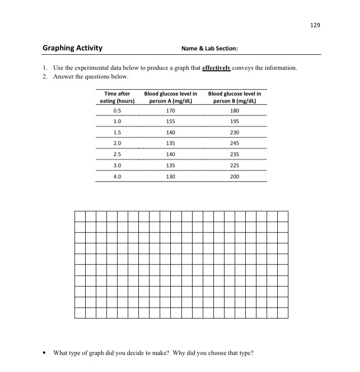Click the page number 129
pyautogui.click(x=315, y=24)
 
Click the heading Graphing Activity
pyautogui.click(x=73, y=48)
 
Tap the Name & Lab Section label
pyautogui.click(x=210, y=48)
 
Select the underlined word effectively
pyautogui.click(x=216, y=68)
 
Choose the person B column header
pyautogui.click(x=235, y=97)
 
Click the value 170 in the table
pyautogui.click(x=170, y=110)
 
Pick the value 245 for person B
pyautogui.click(x=235, y=143)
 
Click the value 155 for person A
pyautogui.click(x=170, y=121)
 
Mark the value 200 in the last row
pyautogui.click(x=235, y=177)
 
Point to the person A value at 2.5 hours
pyautogui.click(x=170, y=155)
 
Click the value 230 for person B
pyautogui.click(x=235, y=132)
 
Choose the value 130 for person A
pyautogui.click(x=170, y=177)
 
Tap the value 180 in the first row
pyautogui.click(x=235, y=110)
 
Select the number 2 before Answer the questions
pyautogui.click(x=44, y=77)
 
